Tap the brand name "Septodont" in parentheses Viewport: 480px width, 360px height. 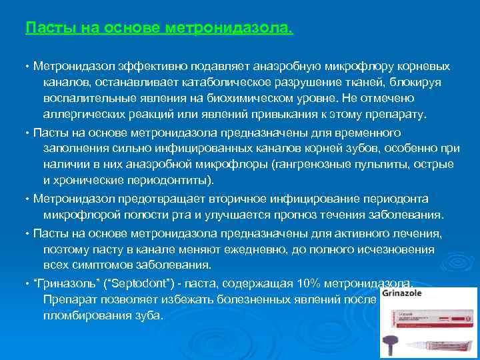pos(136,283)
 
